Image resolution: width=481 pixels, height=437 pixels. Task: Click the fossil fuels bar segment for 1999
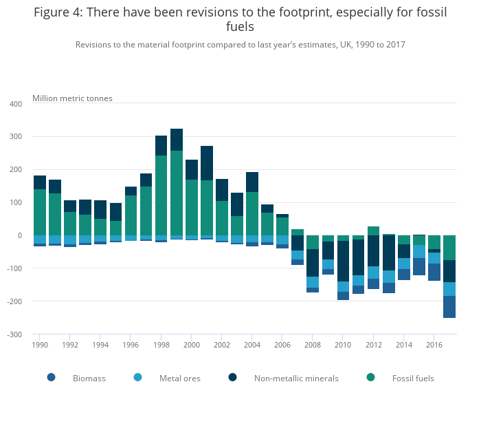pos(177,193)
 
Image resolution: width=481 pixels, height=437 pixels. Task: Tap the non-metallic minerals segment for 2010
pos(343,261)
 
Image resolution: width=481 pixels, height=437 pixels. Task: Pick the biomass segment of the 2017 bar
pos(449,307)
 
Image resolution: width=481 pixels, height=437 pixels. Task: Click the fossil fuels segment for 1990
pos(40,212)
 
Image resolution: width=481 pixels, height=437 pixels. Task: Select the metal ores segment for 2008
pos(313,282)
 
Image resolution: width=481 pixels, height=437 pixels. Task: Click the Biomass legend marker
pos(51,377)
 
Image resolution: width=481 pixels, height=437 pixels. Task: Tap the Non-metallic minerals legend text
pos(296,378)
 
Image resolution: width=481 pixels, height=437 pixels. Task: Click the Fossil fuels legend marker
pos(371,377)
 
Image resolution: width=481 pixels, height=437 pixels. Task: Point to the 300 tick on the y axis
pos(16,136)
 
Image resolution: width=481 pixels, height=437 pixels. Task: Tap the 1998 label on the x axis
pos(161,345)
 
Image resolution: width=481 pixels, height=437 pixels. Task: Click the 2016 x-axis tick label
pos(434,345)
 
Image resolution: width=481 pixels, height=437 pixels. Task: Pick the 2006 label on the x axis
pos(282,345)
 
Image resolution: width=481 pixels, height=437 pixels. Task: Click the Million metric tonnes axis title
pos(72,98)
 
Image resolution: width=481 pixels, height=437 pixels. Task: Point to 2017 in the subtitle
pos(394,45)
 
